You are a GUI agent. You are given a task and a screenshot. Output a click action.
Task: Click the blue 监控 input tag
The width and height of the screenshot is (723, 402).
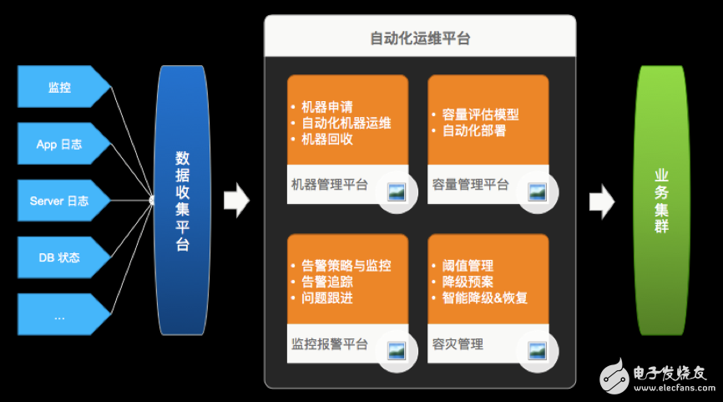coord(60,88)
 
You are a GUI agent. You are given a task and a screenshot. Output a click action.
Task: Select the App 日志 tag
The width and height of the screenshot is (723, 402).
coord(60,144)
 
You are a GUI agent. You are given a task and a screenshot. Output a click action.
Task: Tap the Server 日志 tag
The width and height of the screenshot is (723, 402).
coord(60,201)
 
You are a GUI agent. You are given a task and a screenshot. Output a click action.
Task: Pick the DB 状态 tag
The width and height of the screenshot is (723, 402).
coord(60,257)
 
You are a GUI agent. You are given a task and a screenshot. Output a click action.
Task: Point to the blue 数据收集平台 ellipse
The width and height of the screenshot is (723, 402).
coord(181,201)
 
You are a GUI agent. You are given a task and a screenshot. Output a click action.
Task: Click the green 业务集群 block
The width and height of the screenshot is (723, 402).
coord(661,201)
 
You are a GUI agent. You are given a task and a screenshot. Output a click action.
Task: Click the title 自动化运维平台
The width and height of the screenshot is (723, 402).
coord(420,38)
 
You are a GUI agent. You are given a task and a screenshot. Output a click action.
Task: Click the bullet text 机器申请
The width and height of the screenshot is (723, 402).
coord(326,107)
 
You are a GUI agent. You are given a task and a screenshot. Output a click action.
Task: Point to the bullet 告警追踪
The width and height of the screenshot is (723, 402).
coord(326,282)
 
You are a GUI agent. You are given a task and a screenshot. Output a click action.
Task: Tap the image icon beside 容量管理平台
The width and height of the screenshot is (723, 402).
coord(537,191)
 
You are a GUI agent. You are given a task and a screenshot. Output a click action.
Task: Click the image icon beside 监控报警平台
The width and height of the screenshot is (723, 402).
coord(397,350)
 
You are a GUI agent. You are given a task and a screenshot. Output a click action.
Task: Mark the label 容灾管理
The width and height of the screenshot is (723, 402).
coord(458,343)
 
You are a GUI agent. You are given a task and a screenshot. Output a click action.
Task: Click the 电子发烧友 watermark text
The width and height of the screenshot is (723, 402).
coord(669,372)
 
